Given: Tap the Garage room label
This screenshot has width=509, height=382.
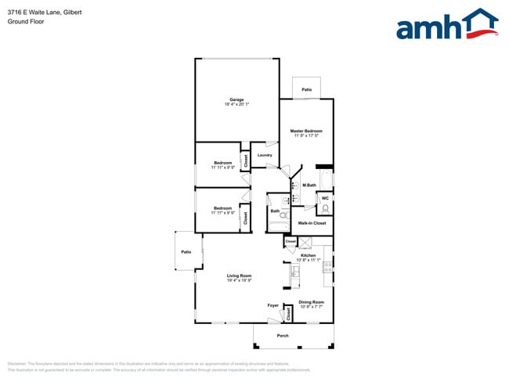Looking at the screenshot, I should coord(236,99).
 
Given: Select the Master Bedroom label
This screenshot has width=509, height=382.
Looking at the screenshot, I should coord(306,131).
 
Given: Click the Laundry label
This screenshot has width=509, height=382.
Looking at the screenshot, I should coord(265,155).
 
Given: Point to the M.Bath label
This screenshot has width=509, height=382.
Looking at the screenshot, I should coord(309,185).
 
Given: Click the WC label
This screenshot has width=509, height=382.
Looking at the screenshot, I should coord(325,198).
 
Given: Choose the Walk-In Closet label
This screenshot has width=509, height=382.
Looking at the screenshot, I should coord(312,223).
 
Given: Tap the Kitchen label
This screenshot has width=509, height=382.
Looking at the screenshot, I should coord(309,255).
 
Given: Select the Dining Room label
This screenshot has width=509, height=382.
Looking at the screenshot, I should coord(311,301).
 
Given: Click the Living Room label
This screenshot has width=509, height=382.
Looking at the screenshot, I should coord(239,275).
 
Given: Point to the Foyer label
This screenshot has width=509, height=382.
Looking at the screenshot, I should coord(273,305).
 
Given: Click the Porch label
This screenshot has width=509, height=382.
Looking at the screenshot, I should coord(283,336).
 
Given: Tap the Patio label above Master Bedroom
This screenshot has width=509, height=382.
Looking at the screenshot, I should coord(307,90).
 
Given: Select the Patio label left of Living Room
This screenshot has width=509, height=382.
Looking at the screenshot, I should coord(186,252).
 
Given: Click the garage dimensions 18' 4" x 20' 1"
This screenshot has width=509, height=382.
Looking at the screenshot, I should coord(236,105).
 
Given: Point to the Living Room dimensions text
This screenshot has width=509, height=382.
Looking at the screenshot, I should coord(239,279).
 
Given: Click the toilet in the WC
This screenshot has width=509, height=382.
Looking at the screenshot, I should coord(325,209).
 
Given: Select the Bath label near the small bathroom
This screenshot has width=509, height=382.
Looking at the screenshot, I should coord(275,211).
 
